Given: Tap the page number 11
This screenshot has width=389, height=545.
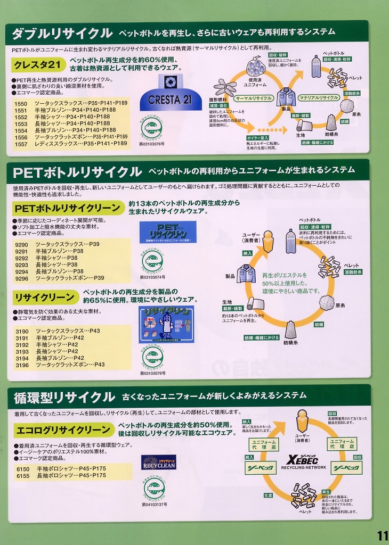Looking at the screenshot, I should pyautogui.click(x=382, y=535).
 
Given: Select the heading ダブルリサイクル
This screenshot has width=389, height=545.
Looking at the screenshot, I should pyautogui.click(x=62, y=34).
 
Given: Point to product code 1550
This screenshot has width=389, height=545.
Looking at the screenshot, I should pyautogui.click(x=21, y=103).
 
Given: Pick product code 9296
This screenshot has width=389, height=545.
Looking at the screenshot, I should pyautogui.click(x=22, y=278).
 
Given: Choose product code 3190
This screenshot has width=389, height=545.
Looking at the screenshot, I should pyautogui.click(x=22, y=331).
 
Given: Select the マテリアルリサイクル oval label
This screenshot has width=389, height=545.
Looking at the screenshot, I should pyautogui.click(x=319, y=98).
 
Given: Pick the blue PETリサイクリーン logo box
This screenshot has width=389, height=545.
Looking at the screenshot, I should pyautogui.click(x=167, y=232).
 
